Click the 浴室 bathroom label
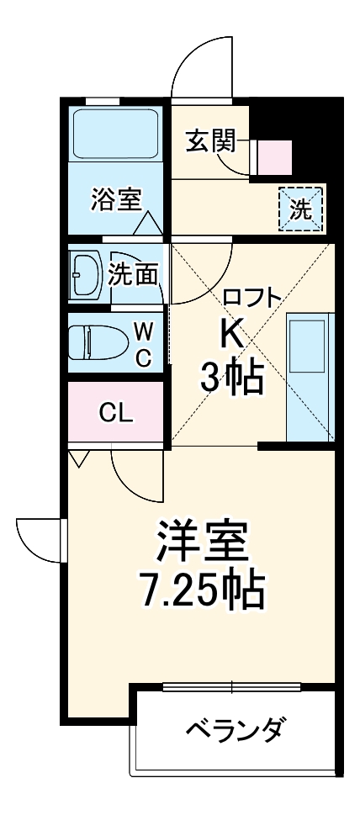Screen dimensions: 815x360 (x=116, y=201)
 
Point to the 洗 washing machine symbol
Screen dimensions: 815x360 (x=300, y=209)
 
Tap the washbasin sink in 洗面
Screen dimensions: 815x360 (x=87, y=273)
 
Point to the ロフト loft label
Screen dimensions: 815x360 (x=252, y=296)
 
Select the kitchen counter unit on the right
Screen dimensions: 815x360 (x=310, y=376)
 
